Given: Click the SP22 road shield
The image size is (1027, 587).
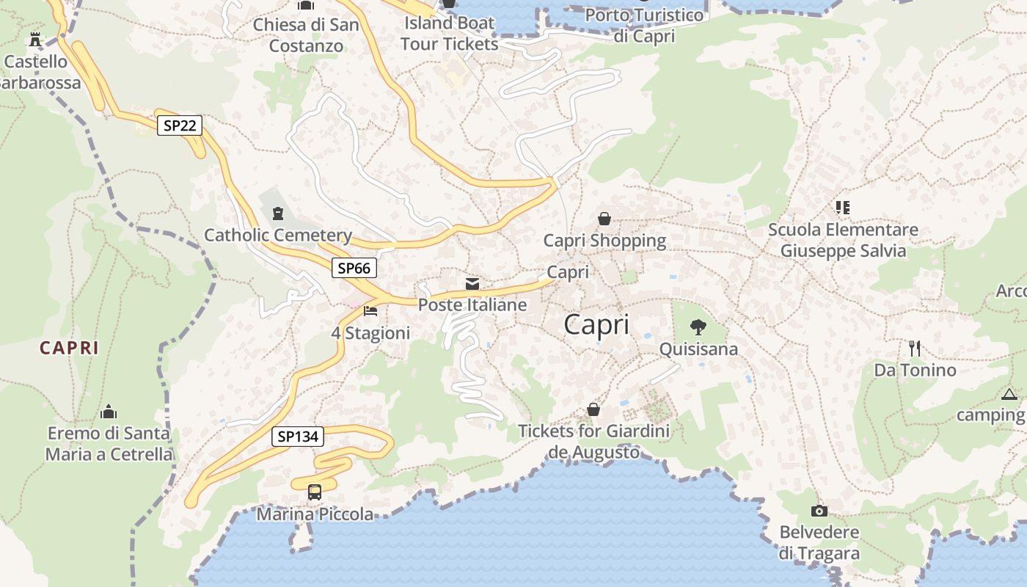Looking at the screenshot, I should point(180,125).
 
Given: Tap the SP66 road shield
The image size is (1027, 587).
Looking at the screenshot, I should point(354,268).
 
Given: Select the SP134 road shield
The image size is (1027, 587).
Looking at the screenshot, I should point(298,437).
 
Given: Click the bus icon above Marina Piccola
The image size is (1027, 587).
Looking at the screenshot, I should point(315,492).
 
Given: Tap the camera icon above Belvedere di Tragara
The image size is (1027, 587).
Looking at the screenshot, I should point(819,511).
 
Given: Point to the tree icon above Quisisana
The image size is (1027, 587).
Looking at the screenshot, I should point(698,327).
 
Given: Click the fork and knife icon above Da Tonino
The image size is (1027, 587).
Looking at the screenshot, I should point(914,348).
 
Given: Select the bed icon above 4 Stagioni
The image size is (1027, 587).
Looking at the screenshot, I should point(370,312).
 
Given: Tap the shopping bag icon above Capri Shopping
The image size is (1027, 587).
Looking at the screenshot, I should point(604,219).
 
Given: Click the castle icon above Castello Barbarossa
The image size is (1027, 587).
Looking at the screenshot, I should point(34,40).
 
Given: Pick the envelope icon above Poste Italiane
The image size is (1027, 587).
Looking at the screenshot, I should point(472,284).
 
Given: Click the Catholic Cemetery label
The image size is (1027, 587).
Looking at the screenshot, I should point(278,236).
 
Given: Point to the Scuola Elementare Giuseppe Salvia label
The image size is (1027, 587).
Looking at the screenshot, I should point(843,240).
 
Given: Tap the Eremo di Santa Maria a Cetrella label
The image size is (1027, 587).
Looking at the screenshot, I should point(109,443).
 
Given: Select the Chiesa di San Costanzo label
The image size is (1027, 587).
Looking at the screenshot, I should point(307,34).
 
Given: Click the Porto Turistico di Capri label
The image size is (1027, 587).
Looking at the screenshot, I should point(644,25).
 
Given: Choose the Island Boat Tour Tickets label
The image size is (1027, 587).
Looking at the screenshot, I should point(450,33).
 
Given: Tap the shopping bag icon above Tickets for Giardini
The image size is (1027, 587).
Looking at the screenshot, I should point(593,409).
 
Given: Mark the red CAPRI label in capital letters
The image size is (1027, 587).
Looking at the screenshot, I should point(69,348).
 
